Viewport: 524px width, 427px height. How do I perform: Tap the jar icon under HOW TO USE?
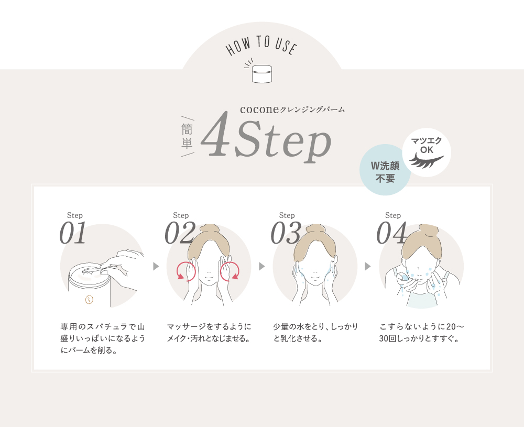click(x=262, y=74)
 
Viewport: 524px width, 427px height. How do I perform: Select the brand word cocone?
click(x=259, y=110)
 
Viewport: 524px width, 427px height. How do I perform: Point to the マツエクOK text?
click(x=427, y=145)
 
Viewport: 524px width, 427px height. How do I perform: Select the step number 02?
click(x=180, y=234)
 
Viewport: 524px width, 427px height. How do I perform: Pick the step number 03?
click(x=286, y=234)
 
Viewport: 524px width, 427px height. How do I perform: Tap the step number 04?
click(x=392, y=234)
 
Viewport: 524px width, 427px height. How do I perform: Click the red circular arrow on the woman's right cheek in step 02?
click(x=185, y=271)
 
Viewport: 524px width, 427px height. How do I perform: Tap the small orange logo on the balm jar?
click(x=89, y=300)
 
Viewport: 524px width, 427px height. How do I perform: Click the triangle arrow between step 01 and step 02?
click(x=156, y=267)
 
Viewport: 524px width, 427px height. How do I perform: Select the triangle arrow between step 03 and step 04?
click(x=367, y=267)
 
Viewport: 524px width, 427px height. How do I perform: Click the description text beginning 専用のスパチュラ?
click(x=103, y=338)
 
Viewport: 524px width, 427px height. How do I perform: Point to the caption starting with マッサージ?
click(x=209, y=332)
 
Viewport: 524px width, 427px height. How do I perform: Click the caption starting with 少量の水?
click(x=315, y=332)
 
